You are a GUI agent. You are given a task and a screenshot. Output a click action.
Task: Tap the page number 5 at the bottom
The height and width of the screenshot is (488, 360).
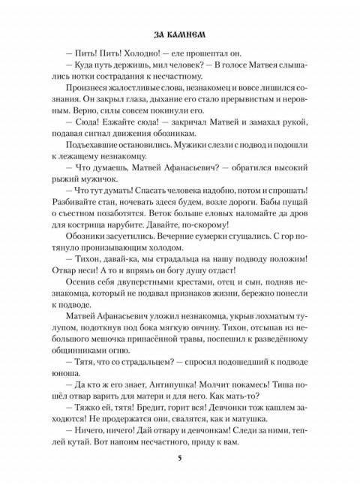click(x=180, y=459)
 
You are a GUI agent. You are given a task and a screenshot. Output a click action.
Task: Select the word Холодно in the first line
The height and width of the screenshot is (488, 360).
click(x=149, y=65)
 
